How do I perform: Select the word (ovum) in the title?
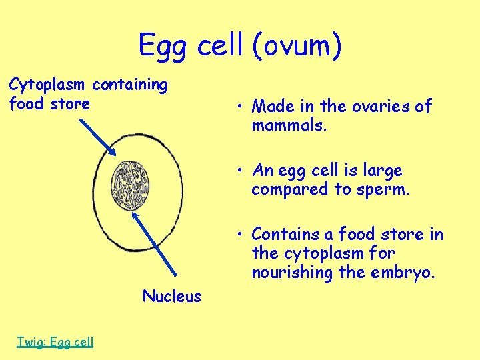click(297, 46)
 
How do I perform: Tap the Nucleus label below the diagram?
click(171, 296)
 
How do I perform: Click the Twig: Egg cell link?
click(55, 342)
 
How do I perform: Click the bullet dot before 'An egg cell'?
click(237, 171)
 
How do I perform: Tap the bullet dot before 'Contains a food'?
click(237, 235)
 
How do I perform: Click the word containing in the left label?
click(130, 85)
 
